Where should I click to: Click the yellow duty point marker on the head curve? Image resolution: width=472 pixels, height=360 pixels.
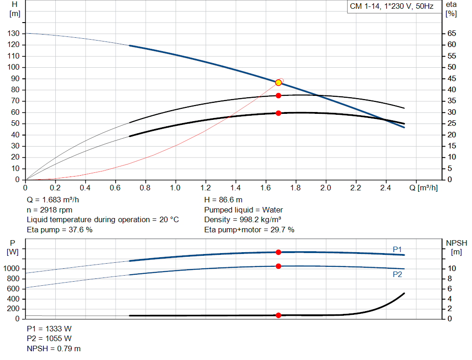pyautogui.click(x=278, y=83)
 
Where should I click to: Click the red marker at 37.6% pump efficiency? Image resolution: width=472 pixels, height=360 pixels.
pyautogui.click(x=278, y=95)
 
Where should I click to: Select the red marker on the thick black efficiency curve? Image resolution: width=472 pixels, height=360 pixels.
pyautogui.click(x=278, y=113)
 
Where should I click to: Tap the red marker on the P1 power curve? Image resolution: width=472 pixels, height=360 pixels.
pyautogui.click(x=278, y=252)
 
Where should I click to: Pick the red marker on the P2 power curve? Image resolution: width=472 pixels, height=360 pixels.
pyautogui.click(x=278, y=266)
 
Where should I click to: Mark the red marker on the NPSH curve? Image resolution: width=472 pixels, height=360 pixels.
pyautogui.click(x=278, y=315)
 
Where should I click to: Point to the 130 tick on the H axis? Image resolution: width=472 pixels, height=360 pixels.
pyautogui.click(x=13, y=34)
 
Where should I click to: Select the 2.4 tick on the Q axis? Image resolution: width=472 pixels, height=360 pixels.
pyautogui.click(x=386, y=188)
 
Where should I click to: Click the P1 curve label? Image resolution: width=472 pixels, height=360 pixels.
pyautogui.click(x=397, y=249)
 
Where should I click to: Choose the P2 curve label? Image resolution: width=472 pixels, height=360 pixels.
pyautogui.click(x=397, y=274)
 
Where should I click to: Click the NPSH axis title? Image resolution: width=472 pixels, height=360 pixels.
pyautogui.click(x=456, y=243)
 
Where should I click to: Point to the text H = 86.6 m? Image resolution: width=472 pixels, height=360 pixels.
pyautogui.click(x=223, y=200)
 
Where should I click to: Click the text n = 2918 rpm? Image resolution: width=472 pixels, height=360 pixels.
pyautogui.click(x=49, y=210)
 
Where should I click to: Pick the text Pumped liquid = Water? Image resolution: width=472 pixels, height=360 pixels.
pyautogui.click(x=243, y=210)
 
